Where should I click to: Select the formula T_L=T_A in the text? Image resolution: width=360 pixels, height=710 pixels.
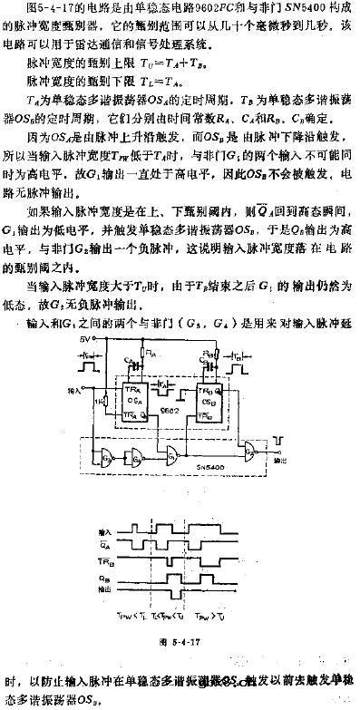pos(141,81)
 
